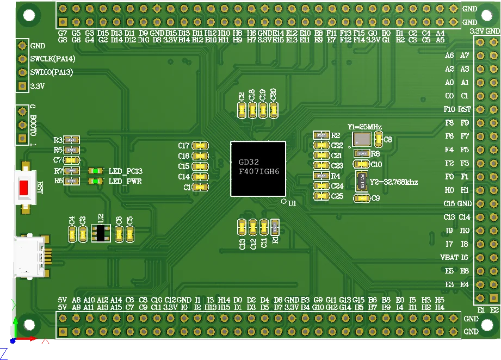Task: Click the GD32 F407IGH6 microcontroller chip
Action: click(x=258, y=169)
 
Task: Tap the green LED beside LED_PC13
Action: click(x=96, y=171)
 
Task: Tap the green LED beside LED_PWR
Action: click(x=96, y=181)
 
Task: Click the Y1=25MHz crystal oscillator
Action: click(x=361, y=139)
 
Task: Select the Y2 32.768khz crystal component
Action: click(x=361, y=181)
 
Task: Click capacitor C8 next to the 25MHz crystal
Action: click(x=379, y=139)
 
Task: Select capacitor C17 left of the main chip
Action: click(x=200, y=146)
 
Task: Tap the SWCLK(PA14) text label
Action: click(x=51, y=59)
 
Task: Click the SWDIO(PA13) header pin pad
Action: click(x=22, y=72)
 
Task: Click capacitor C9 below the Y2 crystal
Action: click(x=361, y=198)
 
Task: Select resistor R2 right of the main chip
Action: click(x=321, y=135)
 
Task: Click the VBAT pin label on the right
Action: click(x=449, y=257)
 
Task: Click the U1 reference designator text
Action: click(x=292, y=203)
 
